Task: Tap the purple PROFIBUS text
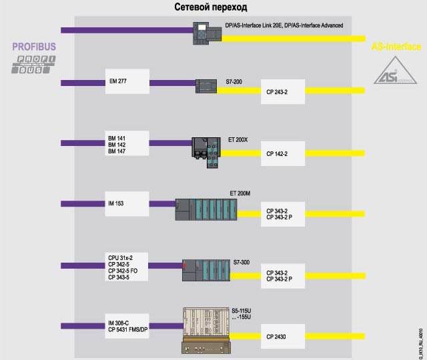(x=33, y=48)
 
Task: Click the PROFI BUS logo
(x=33, y=64)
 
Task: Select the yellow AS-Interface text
(x=396, y=47)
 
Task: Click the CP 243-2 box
(x=282, y=91)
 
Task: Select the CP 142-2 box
(x=282, y=153)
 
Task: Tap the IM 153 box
(x=127, y=203)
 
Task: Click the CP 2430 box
(x=282, y=337)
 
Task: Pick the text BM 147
(x=117, y=152)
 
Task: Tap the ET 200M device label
(x=240, y=193)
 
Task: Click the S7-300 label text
(x=242, y=254)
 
